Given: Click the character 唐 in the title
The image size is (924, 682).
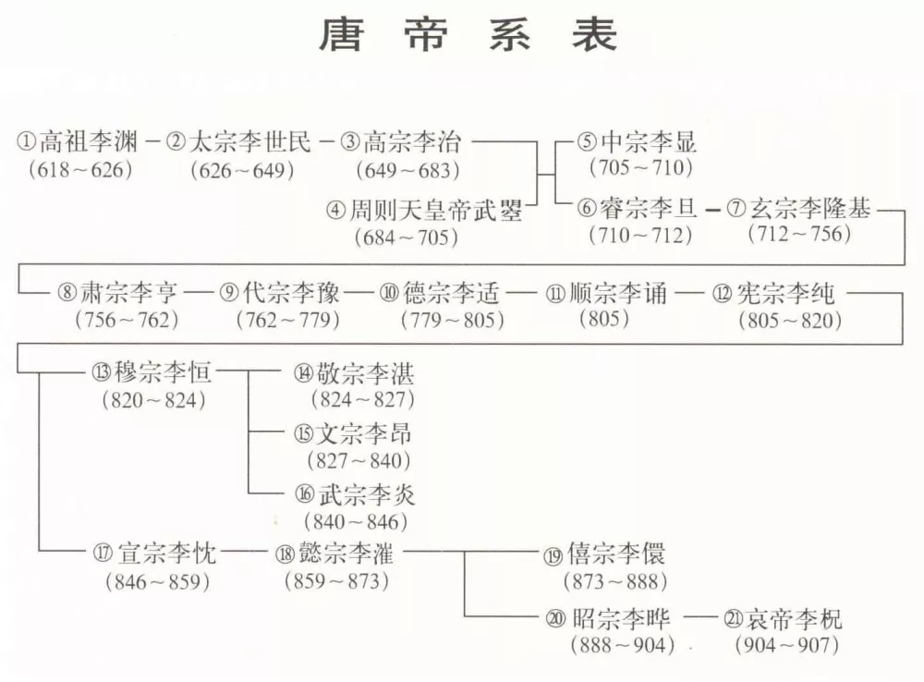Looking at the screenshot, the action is [343, 33].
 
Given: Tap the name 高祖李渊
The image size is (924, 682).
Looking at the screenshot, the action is [89, 142].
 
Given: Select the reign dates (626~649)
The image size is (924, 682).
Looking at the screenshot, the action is [242, 171].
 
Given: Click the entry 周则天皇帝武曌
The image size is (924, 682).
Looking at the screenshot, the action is [435, 210].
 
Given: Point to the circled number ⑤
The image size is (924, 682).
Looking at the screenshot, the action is [587, 142].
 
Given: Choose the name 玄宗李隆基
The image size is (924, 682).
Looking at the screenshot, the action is [810, 209].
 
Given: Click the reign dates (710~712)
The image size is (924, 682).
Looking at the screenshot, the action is [640, 236].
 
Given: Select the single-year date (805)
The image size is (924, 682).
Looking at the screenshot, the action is [604, 319].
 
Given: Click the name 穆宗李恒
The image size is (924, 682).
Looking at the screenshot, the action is [163, 372].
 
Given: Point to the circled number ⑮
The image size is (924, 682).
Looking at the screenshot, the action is [303, 433].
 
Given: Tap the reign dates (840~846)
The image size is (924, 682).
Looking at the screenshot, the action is [356, 522].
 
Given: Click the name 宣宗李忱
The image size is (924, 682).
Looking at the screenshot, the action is [166, 553].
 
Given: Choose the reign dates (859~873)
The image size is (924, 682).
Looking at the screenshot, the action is [336, 581].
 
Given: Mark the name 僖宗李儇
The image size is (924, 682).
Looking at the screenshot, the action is [615, 554].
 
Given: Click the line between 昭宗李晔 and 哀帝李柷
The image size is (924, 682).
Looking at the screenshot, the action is [702, 617].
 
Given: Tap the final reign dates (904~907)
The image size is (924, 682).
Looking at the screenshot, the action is [786, 645].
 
